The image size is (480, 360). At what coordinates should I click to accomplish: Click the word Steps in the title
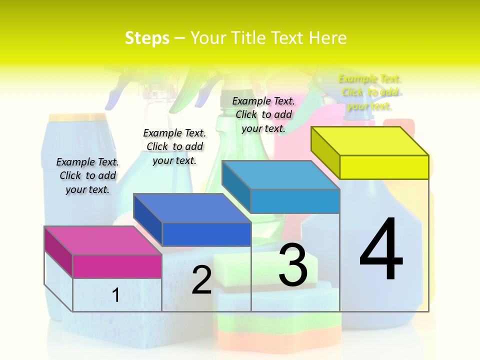tap(147, 38)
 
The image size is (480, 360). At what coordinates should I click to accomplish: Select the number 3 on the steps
tap(292, 265)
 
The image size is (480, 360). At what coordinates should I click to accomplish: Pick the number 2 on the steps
tap(201, 280)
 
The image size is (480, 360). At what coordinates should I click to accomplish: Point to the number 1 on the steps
tap(115, 295)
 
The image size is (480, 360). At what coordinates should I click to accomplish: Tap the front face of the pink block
tap(117, 266)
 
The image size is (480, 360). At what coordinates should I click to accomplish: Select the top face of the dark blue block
tap(192, 207)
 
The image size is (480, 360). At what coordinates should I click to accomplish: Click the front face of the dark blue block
tap(206, 234)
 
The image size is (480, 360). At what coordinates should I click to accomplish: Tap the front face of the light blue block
tap(295, 201)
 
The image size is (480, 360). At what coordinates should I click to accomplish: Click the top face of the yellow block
tap(370, 140)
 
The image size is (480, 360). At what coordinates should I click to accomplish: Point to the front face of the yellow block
tap(384, 167)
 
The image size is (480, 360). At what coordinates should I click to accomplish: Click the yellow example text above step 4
tap(369, 92)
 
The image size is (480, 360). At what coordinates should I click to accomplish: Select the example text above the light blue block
tap(263, 114)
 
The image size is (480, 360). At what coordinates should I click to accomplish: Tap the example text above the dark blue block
tap(174, 146)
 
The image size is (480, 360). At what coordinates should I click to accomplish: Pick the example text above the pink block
tap(87, 175)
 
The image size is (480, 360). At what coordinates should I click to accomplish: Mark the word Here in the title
tap(327, 38)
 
